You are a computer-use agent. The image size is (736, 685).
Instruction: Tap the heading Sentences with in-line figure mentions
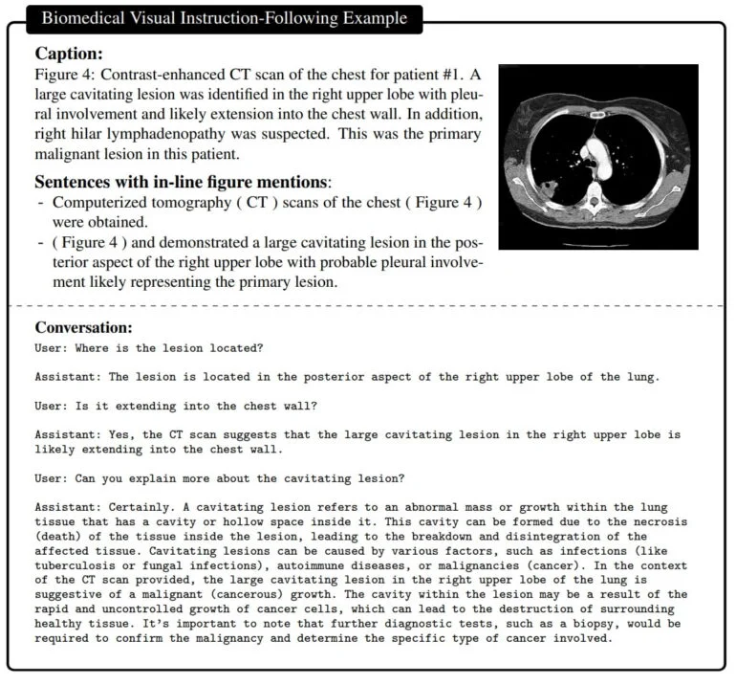[x=183, y=182]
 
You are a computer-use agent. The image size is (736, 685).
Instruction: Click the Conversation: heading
[x=84, y=326]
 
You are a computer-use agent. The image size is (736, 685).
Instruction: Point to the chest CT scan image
[x=597, y=157]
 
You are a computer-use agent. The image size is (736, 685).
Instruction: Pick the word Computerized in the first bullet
[x=100, y=202]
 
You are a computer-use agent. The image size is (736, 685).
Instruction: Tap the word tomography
[x=195, y=202]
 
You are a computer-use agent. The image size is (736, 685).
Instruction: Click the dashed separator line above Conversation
[x=367, y=306]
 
